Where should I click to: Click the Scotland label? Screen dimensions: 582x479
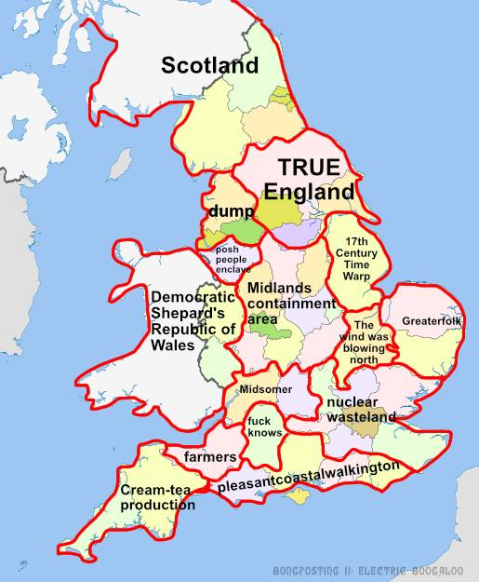(x=209, y=65)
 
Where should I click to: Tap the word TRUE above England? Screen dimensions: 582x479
(x=309, y=168)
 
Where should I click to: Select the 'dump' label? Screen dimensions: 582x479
(x=225, y=211)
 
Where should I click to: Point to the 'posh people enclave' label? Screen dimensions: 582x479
(x=233, y=260)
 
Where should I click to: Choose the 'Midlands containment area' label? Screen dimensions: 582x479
(x=290, y=304)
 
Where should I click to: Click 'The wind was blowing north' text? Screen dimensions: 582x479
(x=364, y=343)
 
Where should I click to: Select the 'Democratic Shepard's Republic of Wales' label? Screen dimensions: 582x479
(x=193, y=321)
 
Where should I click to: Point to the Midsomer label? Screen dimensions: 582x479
(x=265, y=388)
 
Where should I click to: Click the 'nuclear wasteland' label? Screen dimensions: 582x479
(x=361, y=410)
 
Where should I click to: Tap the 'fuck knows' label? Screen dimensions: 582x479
(x=263, y=426)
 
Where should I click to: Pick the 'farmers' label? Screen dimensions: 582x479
(x=210, y=457)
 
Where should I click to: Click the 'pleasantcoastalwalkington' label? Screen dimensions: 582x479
(x=309, y=476)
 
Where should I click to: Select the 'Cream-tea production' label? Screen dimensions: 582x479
(x=157, y=497)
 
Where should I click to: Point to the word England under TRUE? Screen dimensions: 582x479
(x=309, y=192)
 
